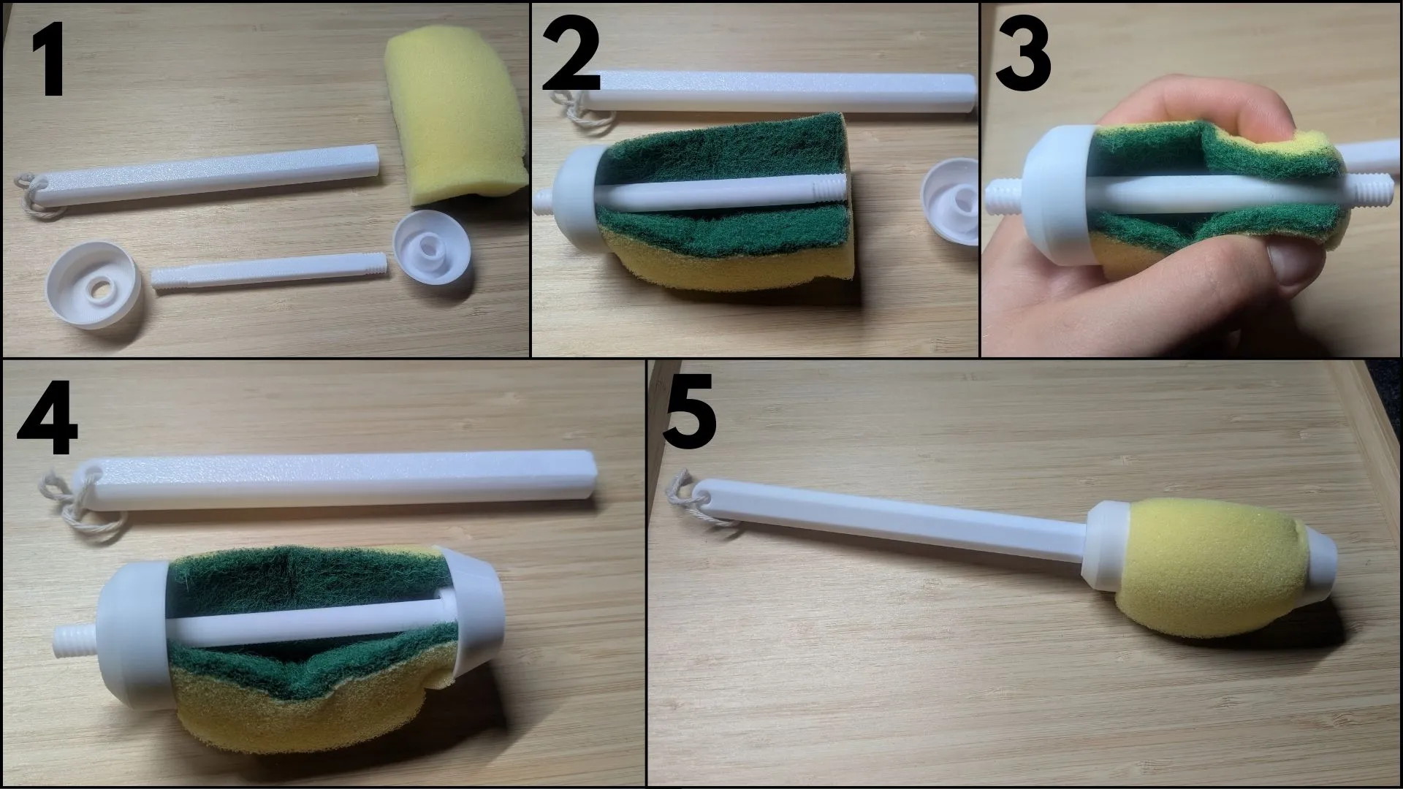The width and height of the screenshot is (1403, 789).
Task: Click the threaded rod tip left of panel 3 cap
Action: [1004, 196]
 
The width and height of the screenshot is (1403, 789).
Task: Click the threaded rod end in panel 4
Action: [72, 639]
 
